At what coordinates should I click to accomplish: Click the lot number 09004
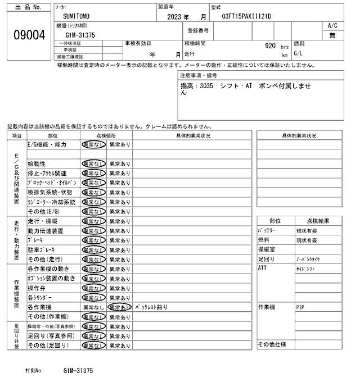pyautogui.click(x=29, y=35)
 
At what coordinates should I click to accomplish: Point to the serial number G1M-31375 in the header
pyautogui.click(x=76, y=35)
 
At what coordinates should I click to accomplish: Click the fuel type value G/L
pyautogui.click(x=299, y=55)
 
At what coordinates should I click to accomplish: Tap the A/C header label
pyautogui.click(x=332, y=26)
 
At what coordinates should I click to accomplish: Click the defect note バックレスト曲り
pyautogui.click(x=151, y=308)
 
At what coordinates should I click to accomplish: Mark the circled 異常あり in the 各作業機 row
pyautogui.click(x=119, y=308)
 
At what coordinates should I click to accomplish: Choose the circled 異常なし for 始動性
pyautogui.click(x=93, y=164)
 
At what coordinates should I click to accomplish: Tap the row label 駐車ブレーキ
pyautogui.click(x=43, y=249)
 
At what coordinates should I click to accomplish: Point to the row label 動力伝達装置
pyautogui.click(x=46, y=231)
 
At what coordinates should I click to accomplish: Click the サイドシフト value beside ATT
pyautogui.click(x=307, y=270)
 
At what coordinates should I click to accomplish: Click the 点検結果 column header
pyautogui.click(x=318, y=221)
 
